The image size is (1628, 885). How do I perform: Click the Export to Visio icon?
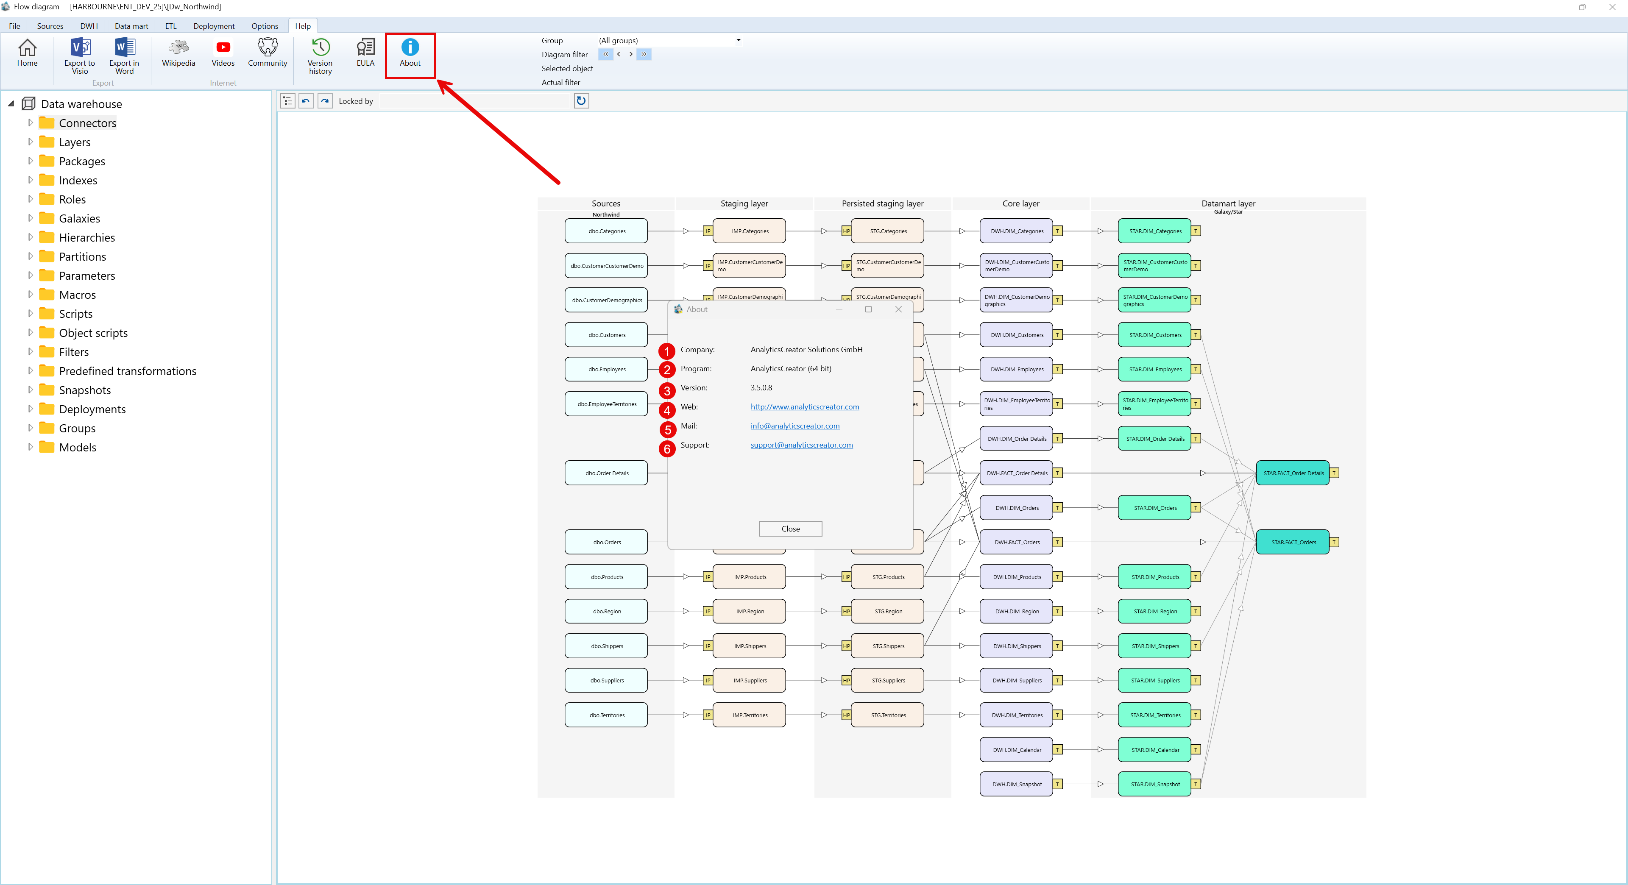80,54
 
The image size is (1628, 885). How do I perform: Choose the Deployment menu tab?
214,26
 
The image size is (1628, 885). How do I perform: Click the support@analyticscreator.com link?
801,445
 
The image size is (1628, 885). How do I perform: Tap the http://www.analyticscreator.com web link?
805,407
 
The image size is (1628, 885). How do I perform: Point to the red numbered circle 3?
667,390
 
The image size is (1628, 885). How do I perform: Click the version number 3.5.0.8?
761,388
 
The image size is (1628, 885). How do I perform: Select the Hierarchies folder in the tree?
86,237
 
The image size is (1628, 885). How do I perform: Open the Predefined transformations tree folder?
127,371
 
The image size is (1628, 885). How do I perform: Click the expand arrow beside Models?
30,447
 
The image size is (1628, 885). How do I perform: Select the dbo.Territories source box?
606,715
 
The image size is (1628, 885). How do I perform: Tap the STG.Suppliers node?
887,680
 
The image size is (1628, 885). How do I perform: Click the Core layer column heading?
1020,203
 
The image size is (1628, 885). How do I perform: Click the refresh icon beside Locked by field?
581,100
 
